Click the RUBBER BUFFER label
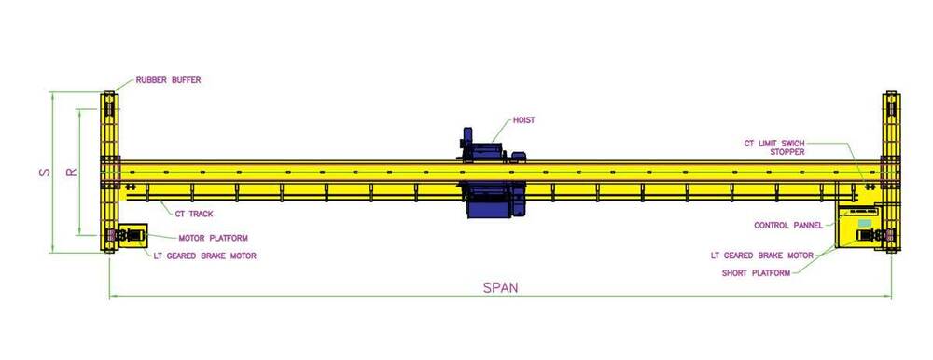tap(168, 80)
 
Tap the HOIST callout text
tap(523, 120)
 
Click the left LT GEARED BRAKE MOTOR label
tap(204, 255)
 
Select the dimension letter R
tap(70, 173)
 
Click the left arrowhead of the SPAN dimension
tap(112, 297)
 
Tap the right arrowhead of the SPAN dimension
tap(889, 297)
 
